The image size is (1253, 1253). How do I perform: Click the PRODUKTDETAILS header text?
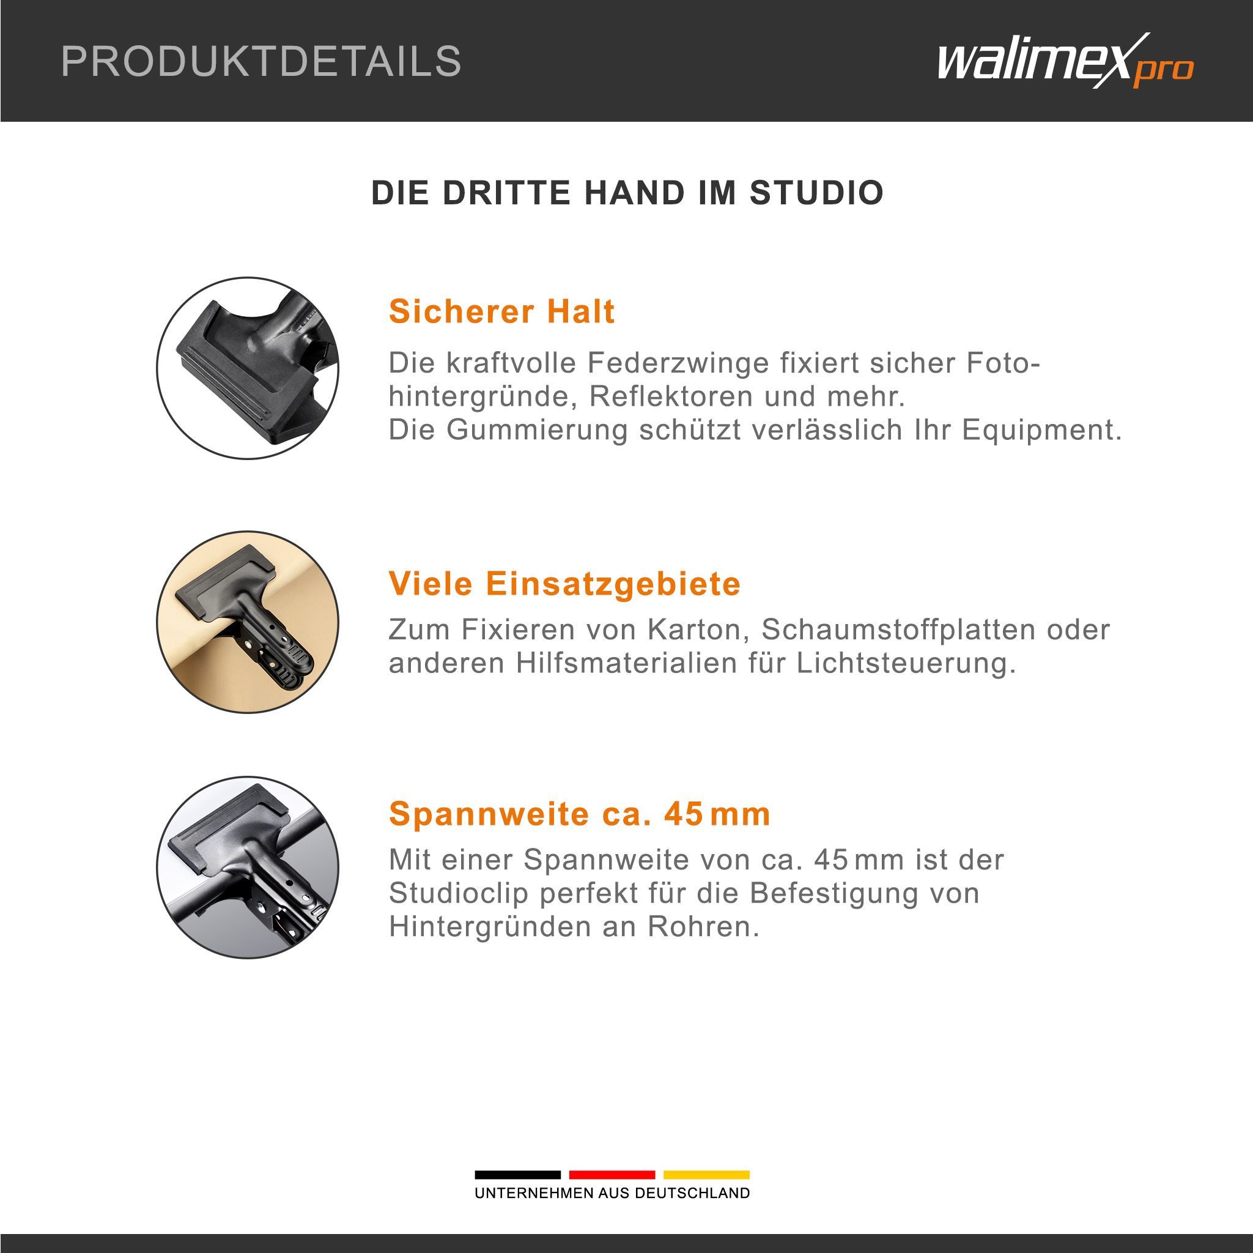click(261, 62)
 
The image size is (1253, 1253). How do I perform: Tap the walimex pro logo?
click(1065, 62)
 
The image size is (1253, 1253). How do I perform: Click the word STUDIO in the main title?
click(816, 193)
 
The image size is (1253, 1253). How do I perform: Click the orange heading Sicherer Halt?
click(501, 311)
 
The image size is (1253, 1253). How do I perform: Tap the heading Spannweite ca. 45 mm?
click(579, 814)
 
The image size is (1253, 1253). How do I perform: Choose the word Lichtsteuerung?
click(906, 663)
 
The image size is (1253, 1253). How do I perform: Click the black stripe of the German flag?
click(517, 1175)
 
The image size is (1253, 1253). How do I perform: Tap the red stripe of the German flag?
click(612, 1175)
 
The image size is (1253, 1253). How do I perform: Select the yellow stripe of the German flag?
click(706, 1175)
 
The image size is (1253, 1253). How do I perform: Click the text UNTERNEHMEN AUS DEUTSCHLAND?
click(612, 1193)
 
